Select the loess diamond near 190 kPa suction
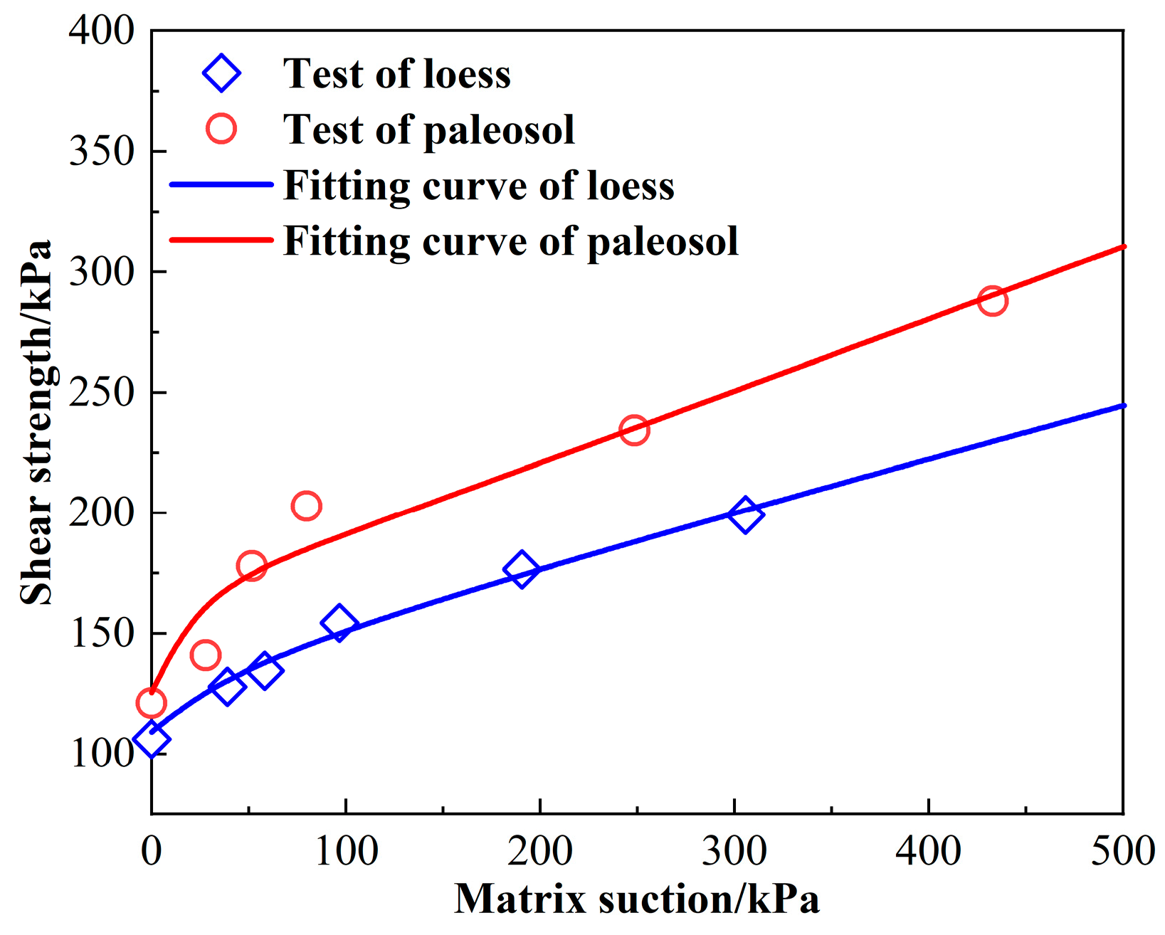click(521, 569)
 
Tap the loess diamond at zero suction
click(152, 740)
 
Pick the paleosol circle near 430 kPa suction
click(992, 301)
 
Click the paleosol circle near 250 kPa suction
click(634, 430)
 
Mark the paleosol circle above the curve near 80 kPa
click(306, 506)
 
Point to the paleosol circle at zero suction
click(151, 703)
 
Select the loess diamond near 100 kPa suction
click(339, 623)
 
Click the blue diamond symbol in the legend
click(221, 73)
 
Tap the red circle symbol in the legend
click(221, 129)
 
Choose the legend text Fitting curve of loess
click(478, 186)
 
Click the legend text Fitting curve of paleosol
click(510, 241)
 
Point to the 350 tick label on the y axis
click(102, 152)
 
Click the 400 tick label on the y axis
click(102, 31)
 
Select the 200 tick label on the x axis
click(540, 851)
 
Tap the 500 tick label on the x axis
click(1122, 851)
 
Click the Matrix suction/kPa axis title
click(637, 899)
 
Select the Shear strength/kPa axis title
click(36, 423)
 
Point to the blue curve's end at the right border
click(1121, 406)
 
